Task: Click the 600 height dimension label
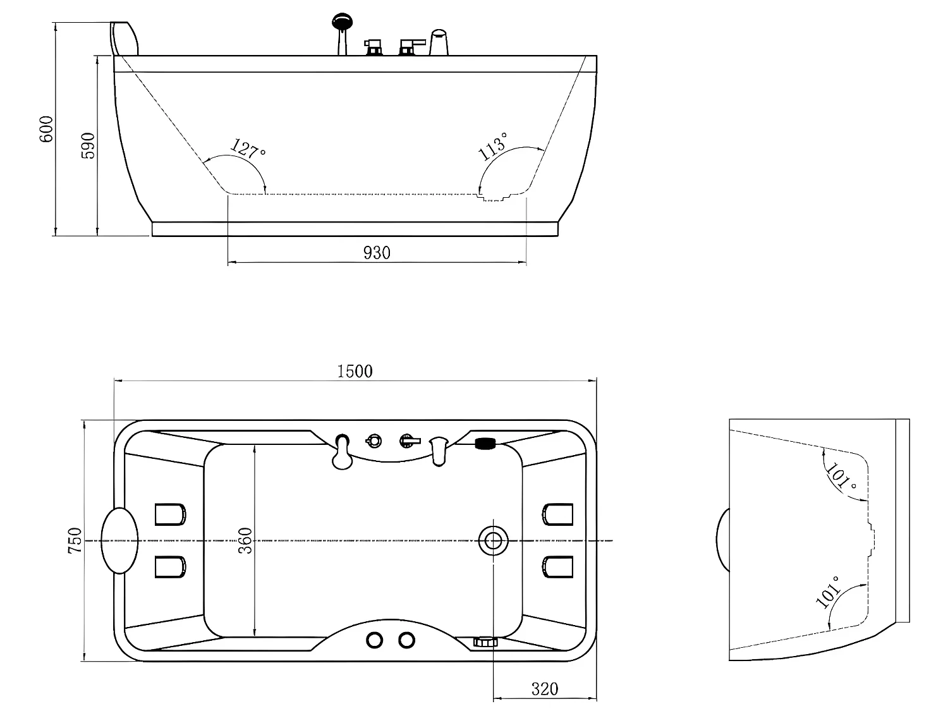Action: point(46,129)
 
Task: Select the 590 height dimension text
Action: point(88,146)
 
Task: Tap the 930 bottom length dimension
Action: point(377,253)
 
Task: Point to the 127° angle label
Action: point(248,149)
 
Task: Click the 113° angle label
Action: point(493,147)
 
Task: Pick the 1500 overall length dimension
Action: point(355,371)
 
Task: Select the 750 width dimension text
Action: point(75,540)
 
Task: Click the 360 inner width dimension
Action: point(245,540)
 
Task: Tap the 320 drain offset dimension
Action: point(545,689)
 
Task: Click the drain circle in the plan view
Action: point(493,540)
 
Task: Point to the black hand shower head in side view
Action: point(342,21)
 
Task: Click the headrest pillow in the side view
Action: point(124,39)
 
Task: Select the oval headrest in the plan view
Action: point(119,540)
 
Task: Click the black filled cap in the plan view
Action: point(485,444)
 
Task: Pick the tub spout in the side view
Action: point(439,42)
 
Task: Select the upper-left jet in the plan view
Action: point(171,514)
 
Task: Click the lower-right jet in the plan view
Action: point(557,567)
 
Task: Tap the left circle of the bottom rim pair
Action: point(374,640)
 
